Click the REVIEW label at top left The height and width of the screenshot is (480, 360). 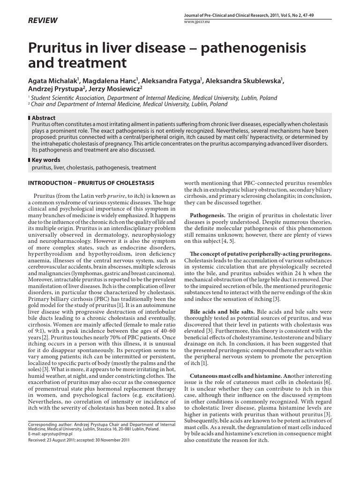(x=43, y=20)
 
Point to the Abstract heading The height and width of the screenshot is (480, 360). (x=44, y=118)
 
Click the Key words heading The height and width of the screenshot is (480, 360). (x=46, y=160)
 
